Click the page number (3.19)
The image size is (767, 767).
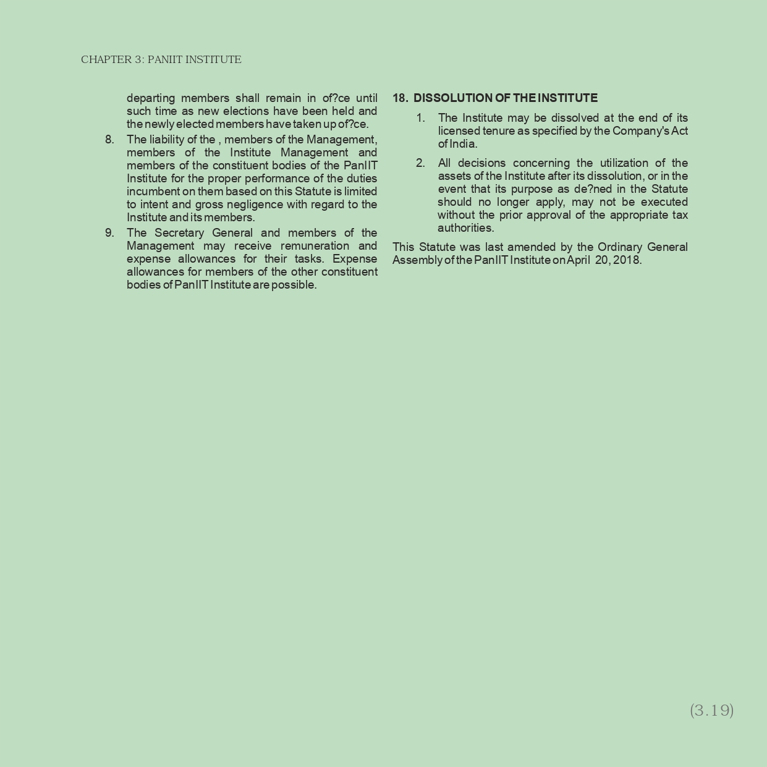[711, 710]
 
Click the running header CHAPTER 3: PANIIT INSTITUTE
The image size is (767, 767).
[161, 60]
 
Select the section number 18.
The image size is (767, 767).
[400, 98]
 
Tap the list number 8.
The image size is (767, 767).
[109, 140]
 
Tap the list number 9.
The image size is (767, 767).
[109, 233]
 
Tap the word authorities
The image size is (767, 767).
[465, 228]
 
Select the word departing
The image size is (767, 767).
[151, 98]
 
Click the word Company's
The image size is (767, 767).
[641, 131]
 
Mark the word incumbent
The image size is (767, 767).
[153, 192]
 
